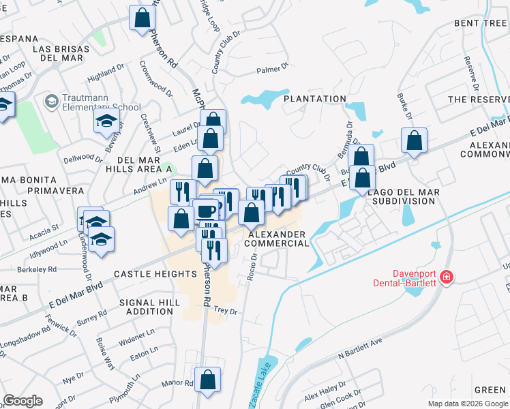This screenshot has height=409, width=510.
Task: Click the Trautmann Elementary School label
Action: [x=101, y=102]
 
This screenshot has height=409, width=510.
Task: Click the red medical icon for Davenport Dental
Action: [x=446, y=277]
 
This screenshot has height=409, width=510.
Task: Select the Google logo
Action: [x=22, y=401]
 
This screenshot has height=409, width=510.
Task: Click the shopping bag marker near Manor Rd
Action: [x=207, y=379]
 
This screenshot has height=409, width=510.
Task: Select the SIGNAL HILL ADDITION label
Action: [x=146, y=307]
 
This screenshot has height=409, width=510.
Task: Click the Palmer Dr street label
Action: [x=273, y=70]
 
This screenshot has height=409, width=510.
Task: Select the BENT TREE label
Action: [x=480, y=23]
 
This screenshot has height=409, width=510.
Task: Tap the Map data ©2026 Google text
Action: [x=467, y=404]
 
